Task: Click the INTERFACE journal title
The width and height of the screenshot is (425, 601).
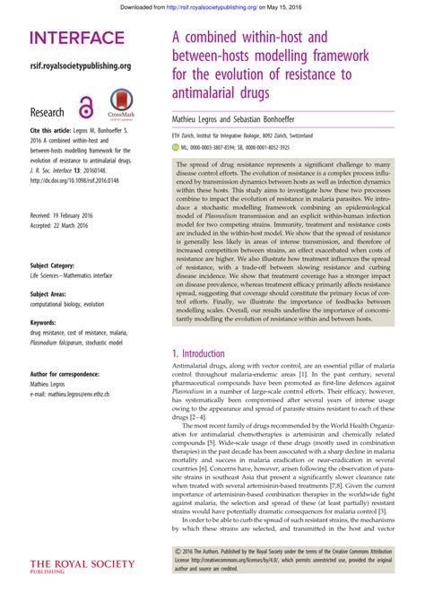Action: coord(77,39)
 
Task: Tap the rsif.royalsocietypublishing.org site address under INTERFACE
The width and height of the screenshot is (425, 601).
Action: coord(81,65)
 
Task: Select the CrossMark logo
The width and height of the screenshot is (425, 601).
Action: coord(121,104)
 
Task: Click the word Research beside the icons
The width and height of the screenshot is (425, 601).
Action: coord(48,112)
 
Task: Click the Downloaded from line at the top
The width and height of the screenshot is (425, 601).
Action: coord(212,7)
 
